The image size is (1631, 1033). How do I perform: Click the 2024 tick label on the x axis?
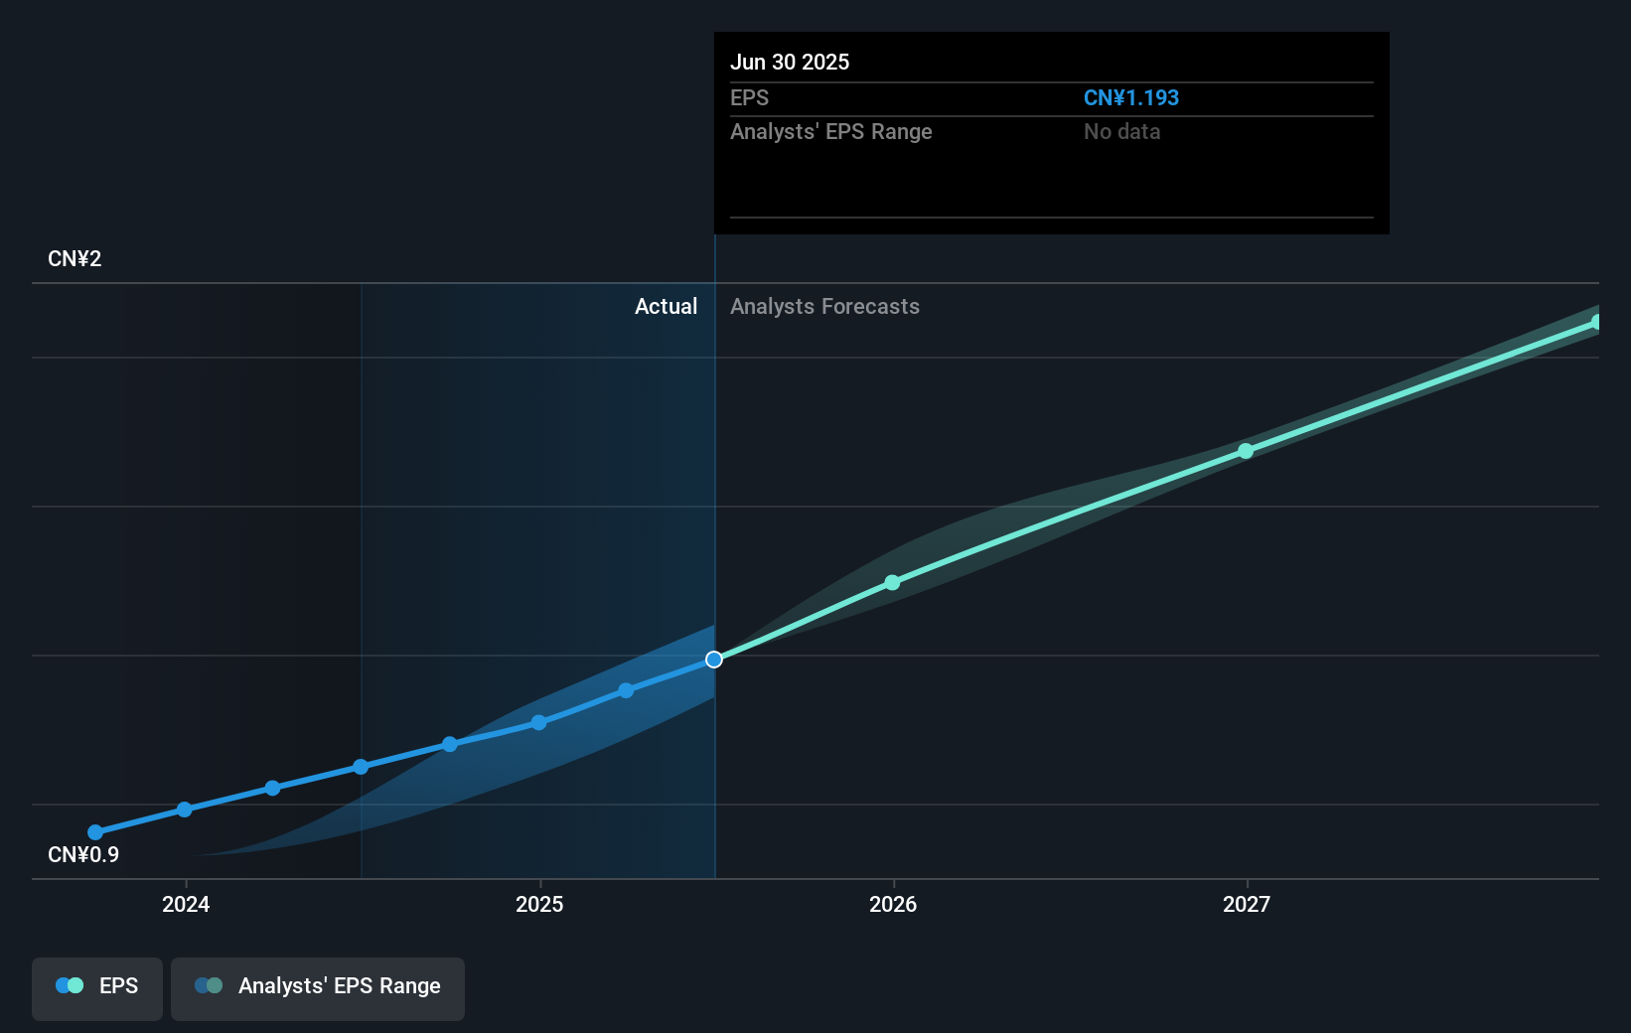pos(186,904)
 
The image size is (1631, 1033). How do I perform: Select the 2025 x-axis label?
pos(539,904)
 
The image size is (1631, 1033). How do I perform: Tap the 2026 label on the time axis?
pos(893,904)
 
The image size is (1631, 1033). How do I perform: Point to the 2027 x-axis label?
pos(1247,904)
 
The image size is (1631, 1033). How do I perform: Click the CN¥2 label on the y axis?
pos(74,259)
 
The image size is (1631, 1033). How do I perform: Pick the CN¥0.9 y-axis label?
pos(83,855)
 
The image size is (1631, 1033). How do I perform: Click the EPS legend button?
pos(97,987)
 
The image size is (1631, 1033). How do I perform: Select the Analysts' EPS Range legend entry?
pos(318,987)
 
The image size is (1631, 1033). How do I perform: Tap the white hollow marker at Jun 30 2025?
pos(714,660)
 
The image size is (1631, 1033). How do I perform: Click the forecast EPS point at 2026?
pos(892,583)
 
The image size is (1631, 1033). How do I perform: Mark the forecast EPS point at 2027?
pos(1246,451)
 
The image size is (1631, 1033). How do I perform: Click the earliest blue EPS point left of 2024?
pos(95,832)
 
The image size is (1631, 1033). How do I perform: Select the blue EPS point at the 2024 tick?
pos(185,810)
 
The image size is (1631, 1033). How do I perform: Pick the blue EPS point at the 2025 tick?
pos(538,723)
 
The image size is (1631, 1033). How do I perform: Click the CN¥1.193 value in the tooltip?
pos(1130,98)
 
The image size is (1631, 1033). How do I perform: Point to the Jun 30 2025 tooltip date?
pos(790,63)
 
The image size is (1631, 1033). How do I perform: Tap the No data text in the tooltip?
pos(1121,132)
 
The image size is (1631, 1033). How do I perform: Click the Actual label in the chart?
pos(666,307)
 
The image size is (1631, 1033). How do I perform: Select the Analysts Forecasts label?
pos(824,307)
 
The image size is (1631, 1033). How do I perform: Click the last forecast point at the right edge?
pos(1596,322)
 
